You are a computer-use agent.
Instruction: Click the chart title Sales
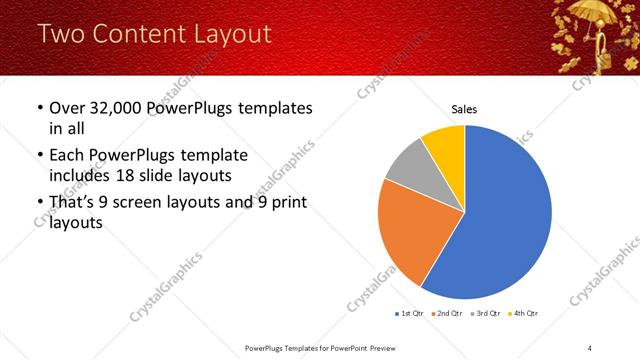464,108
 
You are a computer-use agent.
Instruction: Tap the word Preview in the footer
383,347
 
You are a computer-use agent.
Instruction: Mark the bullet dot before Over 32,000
39,108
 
